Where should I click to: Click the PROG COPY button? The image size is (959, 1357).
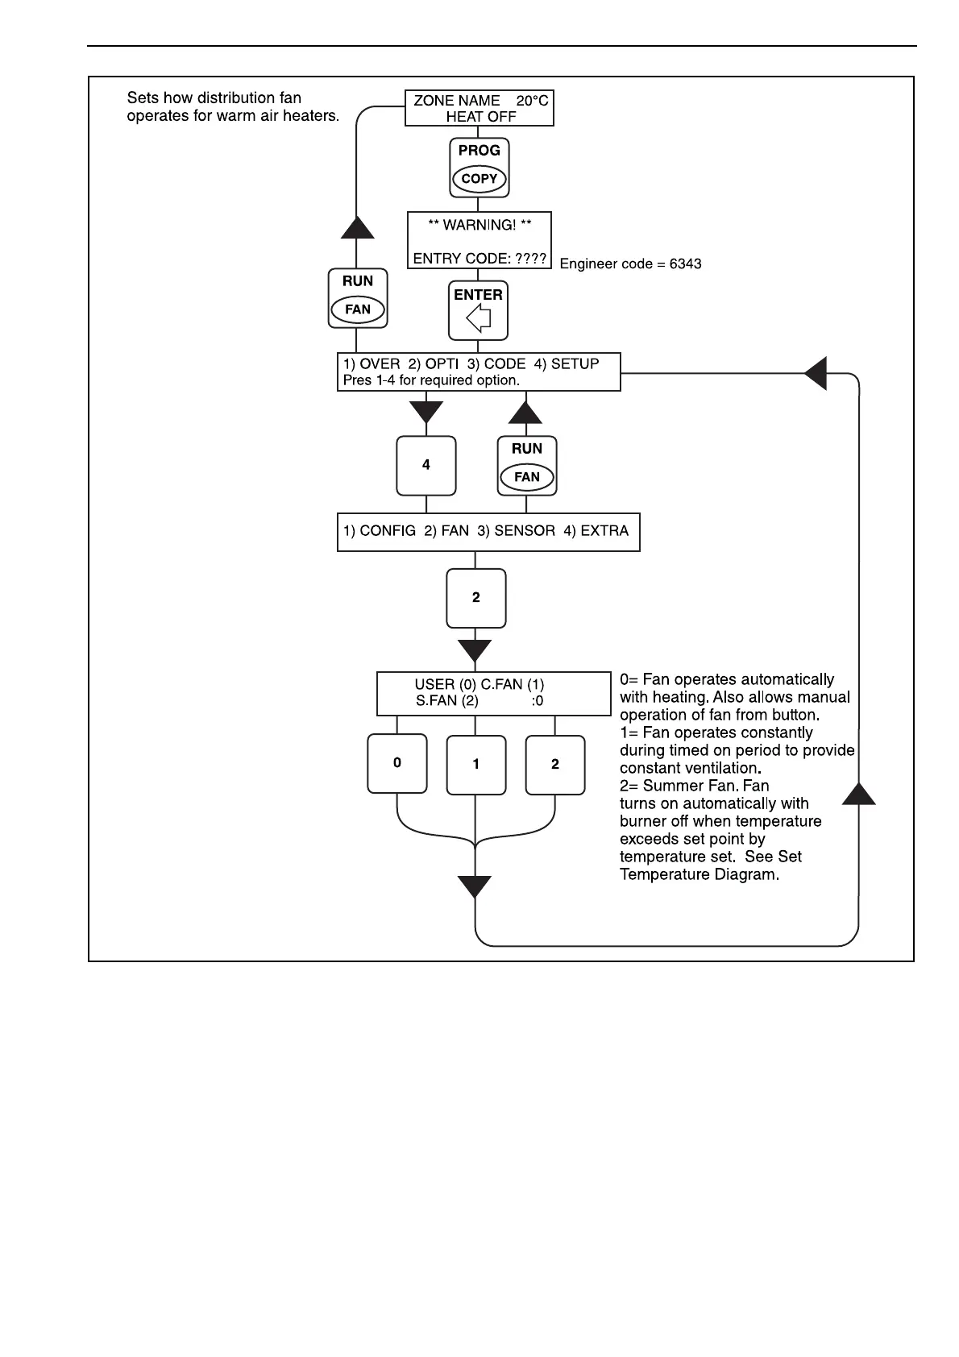point(479,167)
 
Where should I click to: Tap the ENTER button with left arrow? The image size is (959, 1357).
point(478,310)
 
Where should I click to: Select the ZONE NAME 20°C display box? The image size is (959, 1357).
point(479,108)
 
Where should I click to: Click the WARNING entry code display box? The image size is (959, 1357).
point(479,240)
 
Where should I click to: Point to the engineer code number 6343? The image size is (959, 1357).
point(685,264)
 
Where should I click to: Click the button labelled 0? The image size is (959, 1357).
point(396,763)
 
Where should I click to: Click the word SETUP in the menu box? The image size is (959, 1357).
point(575,364)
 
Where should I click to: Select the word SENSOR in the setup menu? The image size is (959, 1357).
point(525,531)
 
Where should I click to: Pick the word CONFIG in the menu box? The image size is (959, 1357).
point(388,531)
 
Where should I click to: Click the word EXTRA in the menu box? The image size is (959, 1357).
point(604,531)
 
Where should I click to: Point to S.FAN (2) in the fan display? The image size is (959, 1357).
point(447,701)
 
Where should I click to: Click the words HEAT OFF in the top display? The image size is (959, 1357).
point(480,117)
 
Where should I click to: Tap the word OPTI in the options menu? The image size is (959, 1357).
point(442,364)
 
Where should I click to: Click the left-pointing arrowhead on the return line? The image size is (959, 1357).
point(816,373)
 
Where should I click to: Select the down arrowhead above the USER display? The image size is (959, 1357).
point(474,650)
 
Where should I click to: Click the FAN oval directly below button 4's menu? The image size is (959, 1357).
point(526,477)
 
